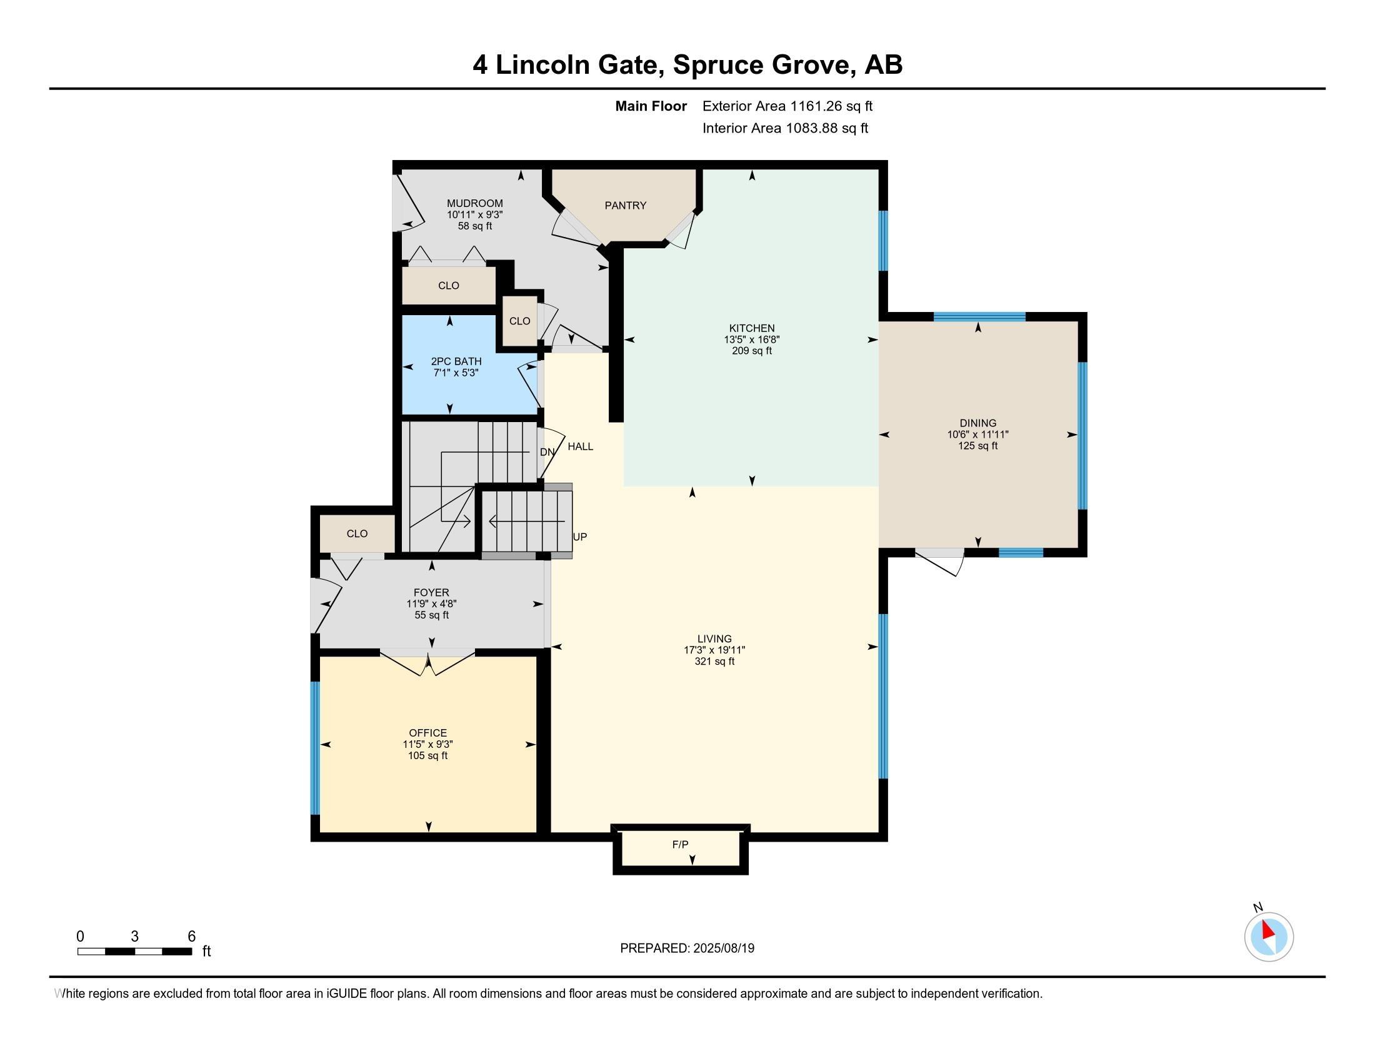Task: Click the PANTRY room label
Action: tap(625, 205)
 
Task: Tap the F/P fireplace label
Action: tap(680, 845)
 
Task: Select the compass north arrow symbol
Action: tap(1269, 937)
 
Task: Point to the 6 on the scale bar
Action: tap(192, 936)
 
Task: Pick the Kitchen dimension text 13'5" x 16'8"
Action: tap(752, 340)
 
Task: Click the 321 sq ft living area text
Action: tap(714, 661)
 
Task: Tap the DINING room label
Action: tap(977, 423)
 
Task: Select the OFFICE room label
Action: tap(427, 733)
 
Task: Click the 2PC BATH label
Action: tap(456, 361)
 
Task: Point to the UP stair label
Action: tap(580, 537)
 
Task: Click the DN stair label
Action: tap(547, 452)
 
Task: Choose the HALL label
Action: tap(581, 446)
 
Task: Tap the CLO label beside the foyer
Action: tap(357, 533)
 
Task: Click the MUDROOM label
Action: tap(475, 203)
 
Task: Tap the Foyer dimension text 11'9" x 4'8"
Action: tap(431, 603)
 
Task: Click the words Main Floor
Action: tap(651, 106)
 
